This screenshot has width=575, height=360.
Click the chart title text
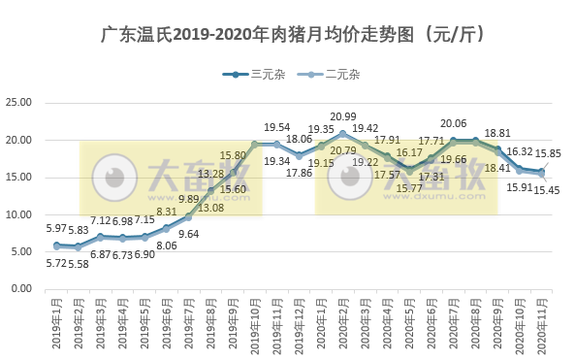click(287, 35)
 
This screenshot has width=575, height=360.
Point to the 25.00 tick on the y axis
click(21, 103)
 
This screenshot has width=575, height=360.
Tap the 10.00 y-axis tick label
click(21, 214)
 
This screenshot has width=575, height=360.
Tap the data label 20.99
click(342, 117)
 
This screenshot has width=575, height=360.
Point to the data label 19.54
click(277, 128)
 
